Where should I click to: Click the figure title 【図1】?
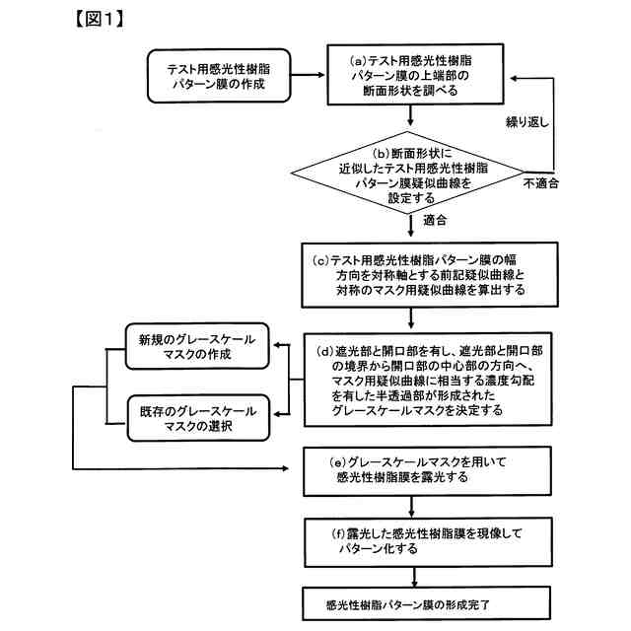(100, 19)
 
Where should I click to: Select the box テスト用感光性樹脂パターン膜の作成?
(219, 76)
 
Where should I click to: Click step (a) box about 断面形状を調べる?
(415, 75)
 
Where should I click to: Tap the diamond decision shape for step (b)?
(407, 173)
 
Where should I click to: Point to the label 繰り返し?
(527, 122)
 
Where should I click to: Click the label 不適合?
(541, 183)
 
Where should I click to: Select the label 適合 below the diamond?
(435, 220)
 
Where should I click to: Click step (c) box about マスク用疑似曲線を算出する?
(430, 275)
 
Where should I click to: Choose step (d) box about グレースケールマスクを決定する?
(428, 379)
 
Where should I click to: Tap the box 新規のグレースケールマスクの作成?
(197, 346)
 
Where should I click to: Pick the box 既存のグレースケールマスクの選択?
(198, 418)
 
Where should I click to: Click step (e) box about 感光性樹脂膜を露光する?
(427, 471)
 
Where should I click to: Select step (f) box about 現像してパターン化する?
(428, 542)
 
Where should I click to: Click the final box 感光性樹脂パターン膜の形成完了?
(426, 602)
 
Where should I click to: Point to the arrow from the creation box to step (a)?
(308, 75)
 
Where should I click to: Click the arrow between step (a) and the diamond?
(410, 115)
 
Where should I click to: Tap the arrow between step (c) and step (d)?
(410, 318)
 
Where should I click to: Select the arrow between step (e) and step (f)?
(411, 507)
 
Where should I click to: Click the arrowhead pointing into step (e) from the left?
(285, 468)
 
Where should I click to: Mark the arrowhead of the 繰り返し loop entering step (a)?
(514, 79)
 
